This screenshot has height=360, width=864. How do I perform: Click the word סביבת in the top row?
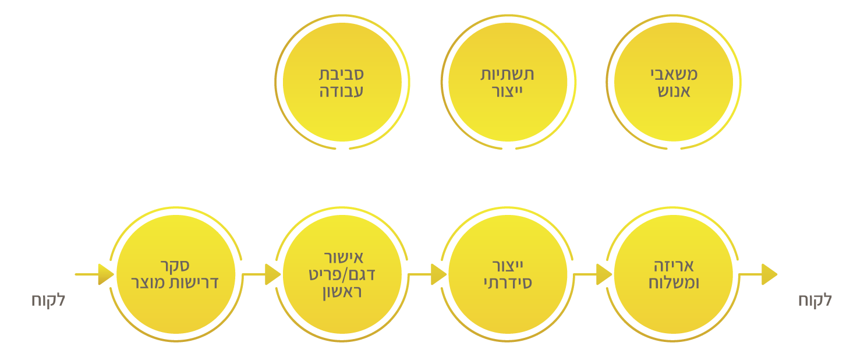(x=341, y=74)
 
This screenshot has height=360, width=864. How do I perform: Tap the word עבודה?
(x=341, y=91)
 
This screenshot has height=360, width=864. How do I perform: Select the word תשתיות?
(x=507, y=74)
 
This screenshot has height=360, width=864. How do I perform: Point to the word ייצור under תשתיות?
(x=507, y=91)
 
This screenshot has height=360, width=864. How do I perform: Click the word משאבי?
(x=674, y=74)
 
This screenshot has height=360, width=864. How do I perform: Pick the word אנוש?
(x=674, y=91)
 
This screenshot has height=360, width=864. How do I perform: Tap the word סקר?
(x=175, y=266)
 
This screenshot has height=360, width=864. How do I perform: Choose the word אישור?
(x=344, y=257)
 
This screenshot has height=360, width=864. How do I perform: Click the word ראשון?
(x=342, y=292)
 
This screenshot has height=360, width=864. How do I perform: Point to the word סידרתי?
(x=508, y=283)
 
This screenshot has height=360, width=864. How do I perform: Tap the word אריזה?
(x=674, y=266)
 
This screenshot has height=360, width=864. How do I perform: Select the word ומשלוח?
(x=674, y=283)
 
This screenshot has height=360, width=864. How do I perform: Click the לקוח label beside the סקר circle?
(x=48, y=300)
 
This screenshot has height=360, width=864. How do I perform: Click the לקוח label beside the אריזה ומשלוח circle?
(x=815, y=300)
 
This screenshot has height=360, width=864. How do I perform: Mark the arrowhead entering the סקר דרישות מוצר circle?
(x=106, y=274)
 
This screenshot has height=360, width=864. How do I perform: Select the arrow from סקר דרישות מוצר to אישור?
(x=261, y=274)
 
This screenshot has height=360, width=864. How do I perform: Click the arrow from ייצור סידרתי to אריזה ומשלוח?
(x=593, y=274)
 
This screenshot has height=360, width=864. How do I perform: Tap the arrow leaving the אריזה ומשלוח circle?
(x=758, y=274)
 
